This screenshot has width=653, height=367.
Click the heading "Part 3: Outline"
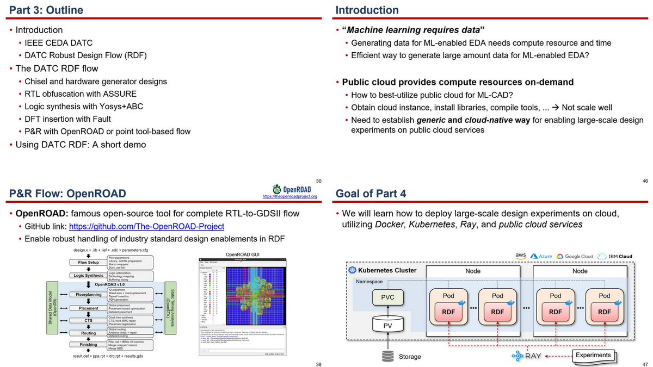tap(47, 10)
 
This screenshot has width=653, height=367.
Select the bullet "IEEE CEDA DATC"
tap(58, 42)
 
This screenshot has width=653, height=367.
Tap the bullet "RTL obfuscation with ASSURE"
tap(81, 94)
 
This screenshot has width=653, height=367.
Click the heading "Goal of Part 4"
tap(371, 194)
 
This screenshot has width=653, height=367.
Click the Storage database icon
tap(387, 356)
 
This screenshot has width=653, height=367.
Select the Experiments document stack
tap(593, 356)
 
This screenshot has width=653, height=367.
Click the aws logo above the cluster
tap(521, 256)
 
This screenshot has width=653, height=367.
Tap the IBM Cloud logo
tap(615, 256)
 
